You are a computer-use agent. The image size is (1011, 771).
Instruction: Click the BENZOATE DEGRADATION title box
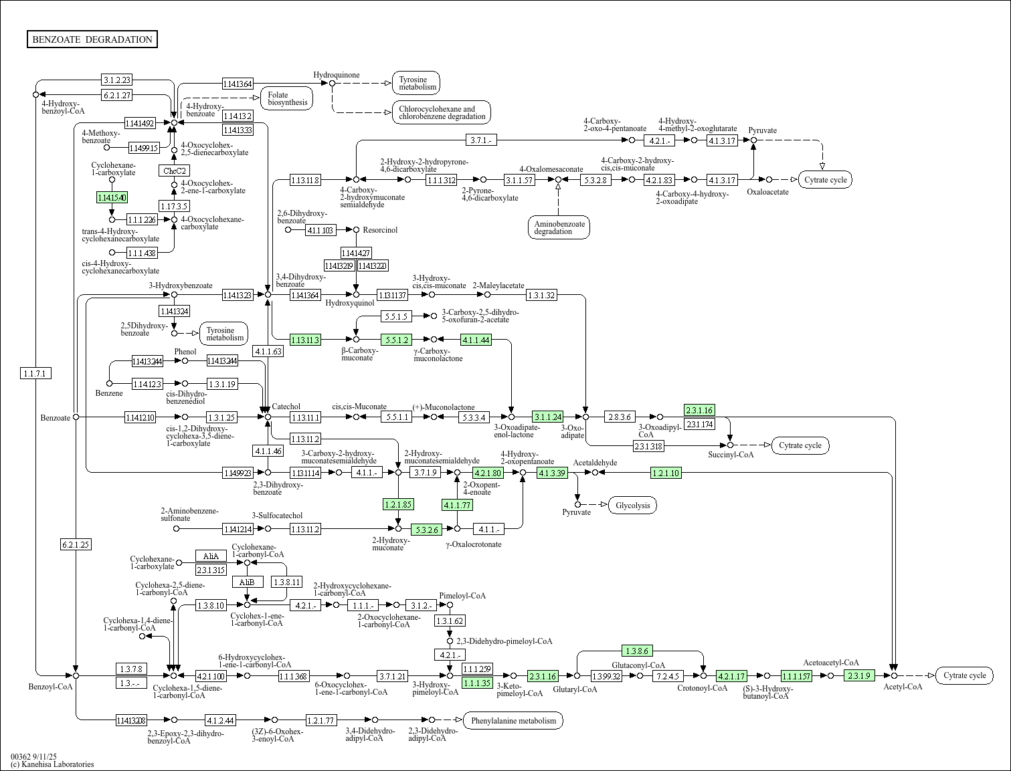[92, 39]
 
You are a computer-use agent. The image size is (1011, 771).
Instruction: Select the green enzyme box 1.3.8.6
[638, 650]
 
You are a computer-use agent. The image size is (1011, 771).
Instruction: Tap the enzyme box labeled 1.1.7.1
[36, 373]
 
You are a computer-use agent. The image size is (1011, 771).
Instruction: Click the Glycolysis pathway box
[632, 505]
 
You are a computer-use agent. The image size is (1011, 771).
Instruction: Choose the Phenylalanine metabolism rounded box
[513, 720]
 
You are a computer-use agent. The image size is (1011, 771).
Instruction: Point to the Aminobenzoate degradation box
[559, 227]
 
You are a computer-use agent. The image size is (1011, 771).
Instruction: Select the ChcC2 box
[174, 171]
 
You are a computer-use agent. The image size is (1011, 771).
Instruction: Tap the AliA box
[211, 556]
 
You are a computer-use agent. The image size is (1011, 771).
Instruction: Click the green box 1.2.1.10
[666, 473]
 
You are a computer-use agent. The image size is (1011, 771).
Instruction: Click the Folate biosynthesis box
[287, 98]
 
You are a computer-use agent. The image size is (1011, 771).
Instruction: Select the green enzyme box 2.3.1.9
[859, 675]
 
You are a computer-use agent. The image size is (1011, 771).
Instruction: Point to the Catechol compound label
[286, 407]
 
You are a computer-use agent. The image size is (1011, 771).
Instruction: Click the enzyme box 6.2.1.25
[76, 544]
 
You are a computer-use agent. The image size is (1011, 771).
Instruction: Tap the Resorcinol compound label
[380, 229]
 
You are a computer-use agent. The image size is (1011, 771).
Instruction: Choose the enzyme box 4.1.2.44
[220, 720]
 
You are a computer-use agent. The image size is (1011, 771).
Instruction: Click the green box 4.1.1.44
[476, 340]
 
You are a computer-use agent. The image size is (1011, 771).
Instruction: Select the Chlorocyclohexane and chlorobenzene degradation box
[442, 112]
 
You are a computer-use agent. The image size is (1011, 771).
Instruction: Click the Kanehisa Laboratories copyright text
[52, 764]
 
